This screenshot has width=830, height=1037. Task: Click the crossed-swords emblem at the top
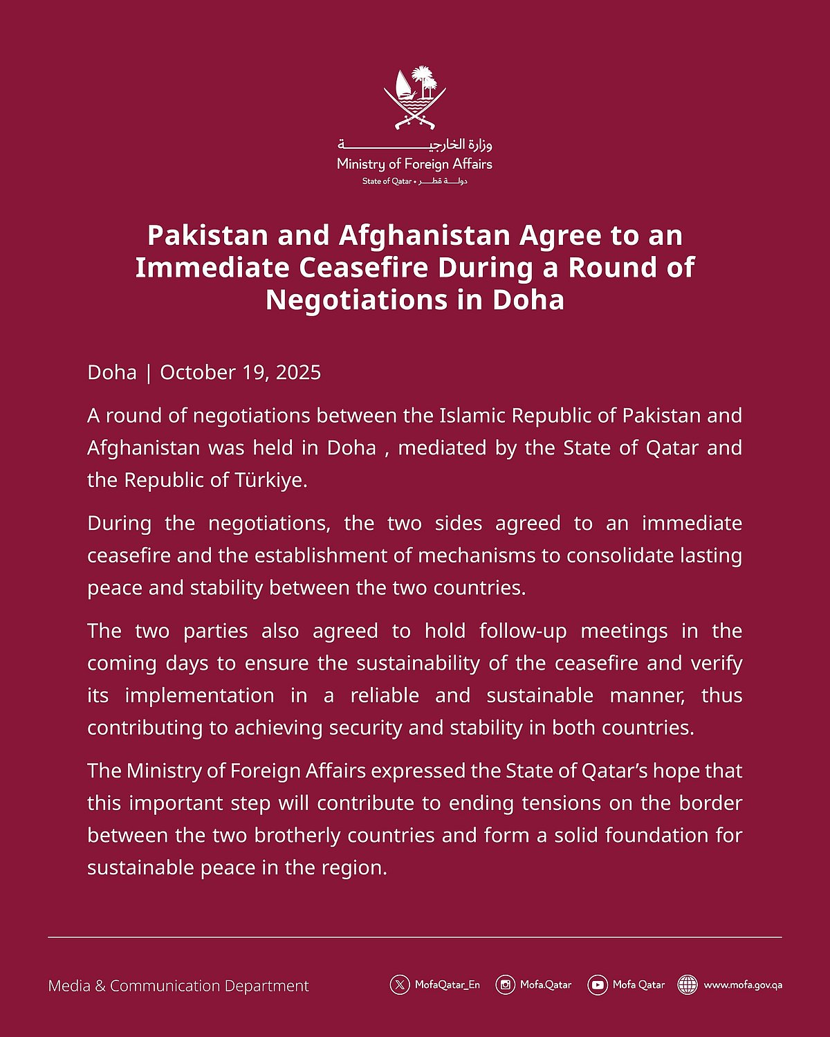pyautogui.click(x=415, y=98)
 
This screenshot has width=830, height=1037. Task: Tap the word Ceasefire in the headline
pyautogui.click(x=357, y=268)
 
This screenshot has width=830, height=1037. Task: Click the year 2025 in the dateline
pyautogui.click(x=298, y=372)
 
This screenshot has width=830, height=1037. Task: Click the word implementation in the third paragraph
pyautogui.click(x=199, y=695)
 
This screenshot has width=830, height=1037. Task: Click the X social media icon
pyautogui.click(x=400, y=984)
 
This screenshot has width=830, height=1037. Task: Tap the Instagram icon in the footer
pyautogui.click(x=506, y=984)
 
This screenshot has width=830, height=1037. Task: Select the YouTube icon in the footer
pyautogui.click(x=598, y=984)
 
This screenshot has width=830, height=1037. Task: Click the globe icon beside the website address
pyautogui.click(x=688, y=984)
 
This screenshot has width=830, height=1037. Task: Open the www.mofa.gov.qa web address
pyautogui.click(x=743, y=984)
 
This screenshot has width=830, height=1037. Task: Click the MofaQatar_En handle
pyautogui.click(x=447, y=984)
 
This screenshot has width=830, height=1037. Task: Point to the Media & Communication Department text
pyautogui.click(x=178, y=986)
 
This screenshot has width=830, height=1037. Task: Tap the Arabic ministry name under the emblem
pyautogui.click(x=415, y=145)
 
